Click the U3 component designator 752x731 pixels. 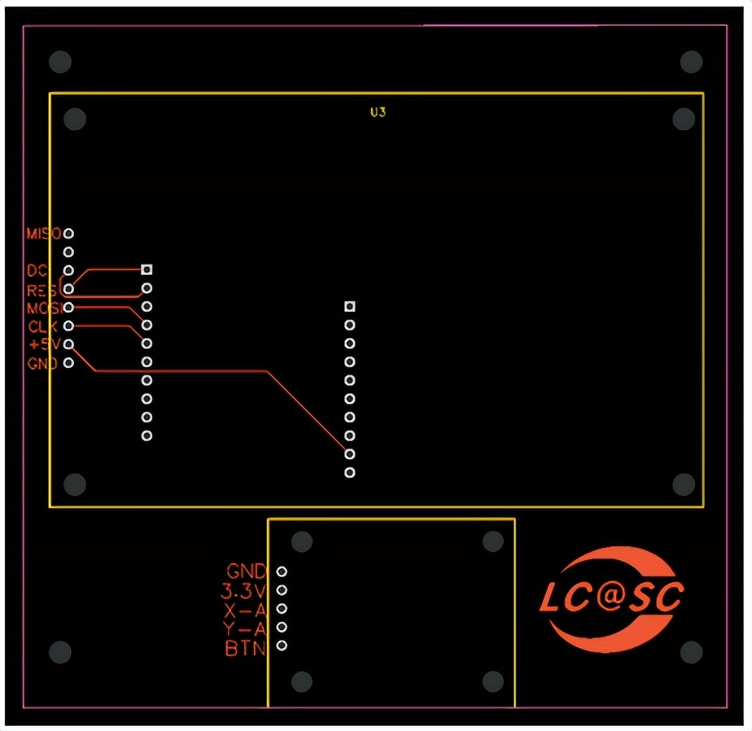tap(378, 113)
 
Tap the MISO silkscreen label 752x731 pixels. tap(43, 234)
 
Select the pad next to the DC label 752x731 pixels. tap(69, 270)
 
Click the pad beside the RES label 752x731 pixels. tap(69, 289)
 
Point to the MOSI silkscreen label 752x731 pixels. tap(43, 309)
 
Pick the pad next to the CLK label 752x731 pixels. tap(69, 326)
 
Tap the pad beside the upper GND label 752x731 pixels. tap(69, 362)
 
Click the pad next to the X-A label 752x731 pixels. tap(282, 609)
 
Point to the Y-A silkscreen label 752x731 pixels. tap(244, 628)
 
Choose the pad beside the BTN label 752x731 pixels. tap(282, 646)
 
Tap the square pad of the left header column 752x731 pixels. tap(147, 269)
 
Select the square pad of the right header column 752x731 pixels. tap(350, 306)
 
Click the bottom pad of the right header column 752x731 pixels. tap(350, 472)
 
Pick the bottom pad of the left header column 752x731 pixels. tap(147, 436)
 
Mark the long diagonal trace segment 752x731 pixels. tap(307, 411)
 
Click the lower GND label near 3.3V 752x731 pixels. tap(246, 571)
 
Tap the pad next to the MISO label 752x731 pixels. tap(69, 234)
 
